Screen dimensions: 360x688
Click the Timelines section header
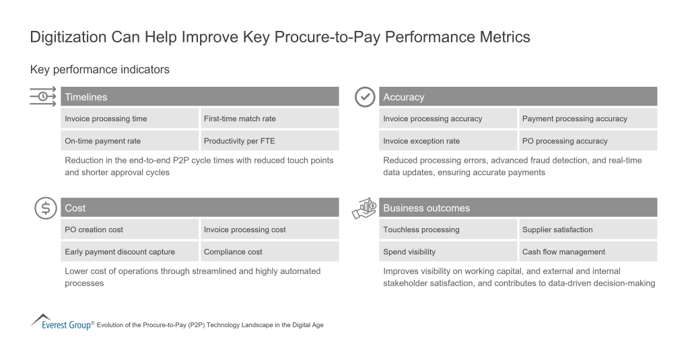[x=199, y=97]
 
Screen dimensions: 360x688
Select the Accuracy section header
[x=518, y=97]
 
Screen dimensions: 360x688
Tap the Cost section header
[x=199, y=208]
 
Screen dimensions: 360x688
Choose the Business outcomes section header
[x=518, y=208]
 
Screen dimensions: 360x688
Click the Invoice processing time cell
[x=129, y=118]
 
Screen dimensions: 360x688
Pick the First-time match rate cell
[x=269, y=118]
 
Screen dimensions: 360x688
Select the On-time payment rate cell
[x=129, y=141]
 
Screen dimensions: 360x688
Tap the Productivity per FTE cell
[x=269, y=141]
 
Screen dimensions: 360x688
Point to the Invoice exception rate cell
[x=448, y=141]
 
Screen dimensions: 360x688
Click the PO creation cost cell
[x=129, y=229]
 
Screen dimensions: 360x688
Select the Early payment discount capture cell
[x=129, y=252]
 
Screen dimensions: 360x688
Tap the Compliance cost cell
[x=269, y=252]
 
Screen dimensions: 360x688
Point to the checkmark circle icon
[x=365, y=97]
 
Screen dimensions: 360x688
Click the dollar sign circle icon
[x=46, y=208]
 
